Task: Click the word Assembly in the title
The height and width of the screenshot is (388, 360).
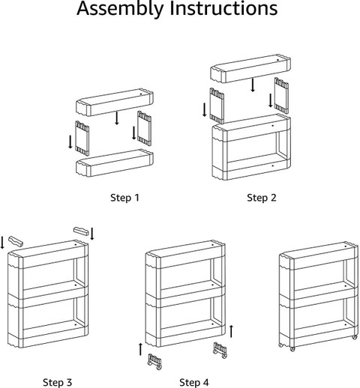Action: coord(121,9)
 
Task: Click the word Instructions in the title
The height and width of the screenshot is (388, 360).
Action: coord(223,8)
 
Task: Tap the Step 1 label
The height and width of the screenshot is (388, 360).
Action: coord(124,198)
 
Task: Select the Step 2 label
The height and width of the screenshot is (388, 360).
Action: coord(262,198)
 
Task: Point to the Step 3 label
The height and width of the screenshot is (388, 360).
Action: coord(57,382)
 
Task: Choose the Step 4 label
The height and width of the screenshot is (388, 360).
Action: coord(194,382)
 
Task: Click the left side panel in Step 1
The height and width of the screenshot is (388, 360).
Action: coord(82,138)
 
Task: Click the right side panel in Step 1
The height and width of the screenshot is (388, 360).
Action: coord(144,128)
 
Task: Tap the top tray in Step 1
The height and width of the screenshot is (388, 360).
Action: coord(115,103)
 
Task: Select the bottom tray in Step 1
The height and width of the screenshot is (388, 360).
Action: coord(115,163)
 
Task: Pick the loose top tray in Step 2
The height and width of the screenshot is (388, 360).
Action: coord(250,68)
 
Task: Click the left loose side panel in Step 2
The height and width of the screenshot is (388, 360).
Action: coord(217,106)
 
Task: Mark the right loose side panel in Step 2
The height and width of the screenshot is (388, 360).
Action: coord(281,95)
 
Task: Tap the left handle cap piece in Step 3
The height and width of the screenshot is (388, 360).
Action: coord(16,241)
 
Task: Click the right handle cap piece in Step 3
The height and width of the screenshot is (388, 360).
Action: coord(81,231)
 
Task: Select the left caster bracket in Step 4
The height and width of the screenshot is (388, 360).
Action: coord(154,361)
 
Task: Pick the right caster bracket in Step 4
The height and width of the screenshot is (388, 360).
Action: coord(220,351)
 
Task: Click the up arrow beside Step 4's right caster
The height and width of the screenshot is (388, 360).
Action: coord(231,331)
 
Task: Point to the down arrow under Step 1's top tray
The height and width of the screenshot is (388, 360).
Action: coord(117,118)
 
